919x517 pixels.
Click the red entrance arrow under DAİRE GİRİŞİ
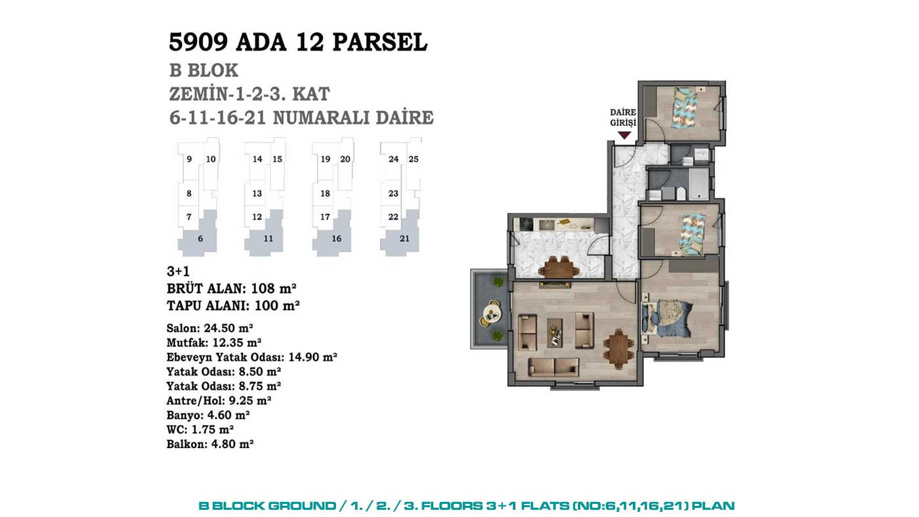pos(624,135)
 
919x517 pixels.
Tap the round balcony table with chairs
pos(492,313)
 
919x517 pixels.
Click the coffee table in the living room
pos(555,333)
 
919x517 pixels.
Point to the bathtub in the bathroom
pos(698,184)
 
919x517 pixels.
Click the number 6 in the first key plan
pos(200,239)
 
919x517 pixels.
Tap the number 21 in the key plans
pos(404,239)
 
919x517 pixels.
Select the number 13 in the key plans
pos(257,193)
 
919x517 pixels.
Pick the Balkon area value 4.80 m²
pos(232,444)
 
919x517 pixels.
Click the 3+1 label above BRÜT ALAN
pos(178,271)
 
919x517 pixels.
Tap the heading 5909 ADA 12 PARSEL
pos(298,42)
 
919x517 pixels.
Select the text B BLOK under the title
pos(203,70)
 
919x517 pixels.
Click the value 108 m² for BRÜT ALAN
pos(274,289)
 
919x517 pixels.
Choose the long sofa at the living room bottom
pos(554,367)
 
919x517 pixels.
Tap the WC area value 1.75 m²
pos(213,429)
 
